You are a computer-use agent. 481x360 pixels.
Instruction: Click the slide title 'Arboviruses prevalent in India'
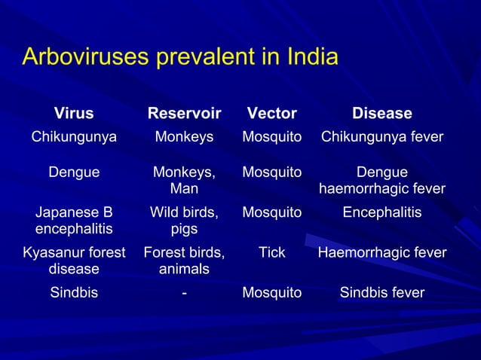[180, 57]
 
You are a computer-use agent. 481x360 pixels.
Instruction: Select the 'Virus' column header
[74, 114]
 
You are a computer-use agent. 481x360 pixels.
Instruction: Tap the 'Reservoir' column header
[184, 114]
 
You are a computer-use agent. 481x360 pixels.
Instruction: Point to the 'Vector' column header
[271, 114]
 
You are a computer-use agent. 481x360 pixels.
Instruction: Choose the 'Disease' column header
[381, 114]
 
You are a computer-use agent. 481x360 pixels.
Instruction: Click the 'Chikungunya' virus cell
[74, 137]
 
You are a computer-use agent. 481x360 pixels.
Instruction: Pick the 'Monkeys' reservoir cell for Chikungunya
[184, 137]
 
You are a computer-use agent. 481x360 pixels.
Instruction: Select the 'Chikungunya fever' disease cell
[381, 137]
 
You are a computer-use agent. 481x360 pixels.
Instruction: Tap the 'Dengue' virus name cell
[74, 172]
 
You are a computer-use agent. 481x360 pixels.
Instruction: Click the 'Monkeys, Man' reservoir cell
[184, 180]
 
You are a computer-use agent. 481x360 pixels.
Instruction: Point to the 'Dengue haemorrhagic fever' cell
[381, 180]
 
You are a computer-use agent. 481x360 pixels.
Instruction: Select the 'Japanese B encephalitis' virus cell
[74, 221]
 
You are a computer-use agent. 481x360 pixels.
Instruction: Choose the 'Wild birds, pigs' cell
[184, 221]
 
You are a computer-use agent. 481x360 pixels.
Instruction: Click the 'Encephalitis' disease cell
[381, 214]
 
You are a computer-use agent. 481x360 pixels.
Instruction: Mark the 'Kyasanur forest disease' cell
[74, 261]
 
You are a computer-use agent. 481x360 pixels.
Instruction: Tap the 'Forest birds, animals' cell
[184, 261]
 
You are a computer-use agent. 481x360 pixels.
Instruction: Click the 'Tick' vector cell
[271, 253]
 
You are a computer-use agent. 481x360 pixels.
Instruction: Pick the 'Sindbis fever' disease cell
[381, 292]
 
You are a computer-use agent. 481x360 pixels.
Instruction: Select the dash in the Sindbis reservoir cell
[184, 293]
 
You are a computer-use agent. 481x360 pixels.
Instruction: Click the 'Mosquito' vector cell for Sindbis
[271, 292]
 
